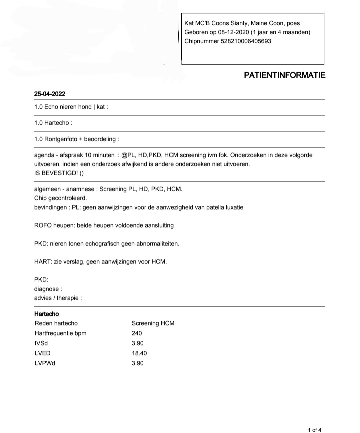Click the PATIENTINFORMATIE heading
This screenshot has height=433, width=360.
click(x=284, y=75)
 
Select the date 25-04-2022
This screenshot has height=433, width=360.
click(x=50, y=94)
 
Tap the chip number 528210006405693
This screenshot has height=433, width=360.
click(x=246, y=41)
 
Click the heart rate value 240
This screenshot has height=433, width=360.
click(x=137, y=333)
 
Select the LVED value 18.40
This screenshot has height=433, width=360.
click(x=139, y=353)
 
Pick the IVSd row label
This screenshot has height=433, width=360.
click(x=41, y=343)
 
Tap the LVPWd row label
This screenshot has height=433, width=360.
click(x=45, y=363)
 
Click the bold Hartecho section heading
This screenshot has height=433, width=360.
click(x=46, y=314)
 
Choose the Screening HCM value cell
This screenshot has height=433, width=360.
click(x=153, y=323)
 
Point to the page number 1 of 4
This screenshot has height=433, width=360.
click(x=314, y=430)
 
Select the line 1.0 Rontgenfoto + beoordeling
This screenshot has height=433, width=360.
click(x=76, y=139)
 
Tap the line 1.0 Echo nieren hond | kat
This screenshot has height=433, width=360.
click(x=71, y=107)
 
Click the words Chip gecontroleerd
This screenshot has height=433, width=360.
click(x=60, y=198)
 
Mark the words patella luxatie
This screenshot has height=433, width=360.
click(x=225, y=207)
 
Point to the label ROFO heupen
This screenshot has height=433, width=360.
click(x=54, y=225)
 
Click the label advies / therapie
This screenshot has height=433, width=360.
click(x=58, y=298)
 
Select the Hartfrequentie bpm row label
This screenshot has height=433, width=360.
click(x=60, y=333)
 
